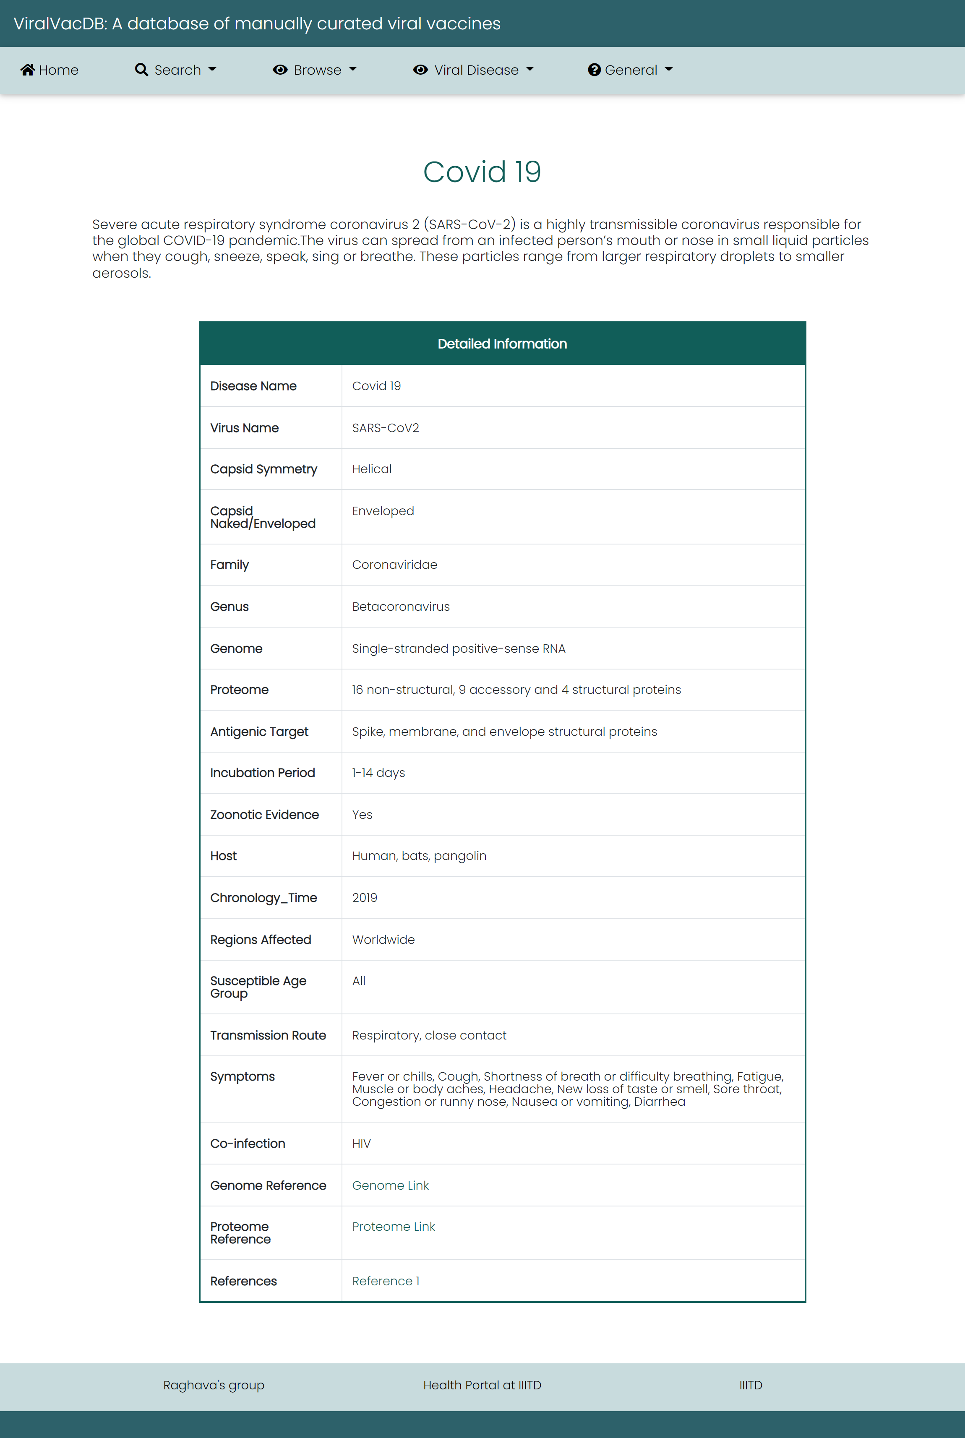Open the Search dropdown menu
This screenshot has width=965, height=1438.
tap(176, 70)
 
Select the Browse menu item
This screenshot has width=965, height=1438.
tap(315, 70)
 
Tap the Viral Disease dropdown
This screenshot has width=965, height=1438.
tap(474, 70)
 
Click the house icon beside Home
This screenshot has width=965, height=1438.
tap(28, 70)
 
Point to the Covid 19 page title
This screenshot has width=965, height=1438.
tap(482, 172)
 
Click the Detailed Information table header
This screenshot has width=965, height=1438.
tap(502, 344)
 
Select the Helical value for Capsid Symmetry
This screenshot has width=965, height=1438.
tap(372, 469)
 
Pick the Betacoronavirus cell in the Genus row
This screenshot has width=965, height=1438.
tap(401, 607)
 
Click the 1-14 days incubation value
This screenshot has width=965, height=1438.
tap(378, 773)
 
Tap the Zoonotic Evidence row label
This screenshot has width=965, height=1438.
tap(265, 815)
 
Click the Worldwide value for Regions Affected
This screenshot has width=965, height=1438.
tap(383, 940)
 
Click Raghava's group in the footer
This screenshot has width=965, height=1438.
tap(214, 1385)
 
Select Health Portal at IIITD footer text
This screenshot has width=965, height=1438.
tap(482, 1385)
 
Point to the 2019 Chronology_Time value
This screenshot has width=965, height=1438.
tap(364, 898)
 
